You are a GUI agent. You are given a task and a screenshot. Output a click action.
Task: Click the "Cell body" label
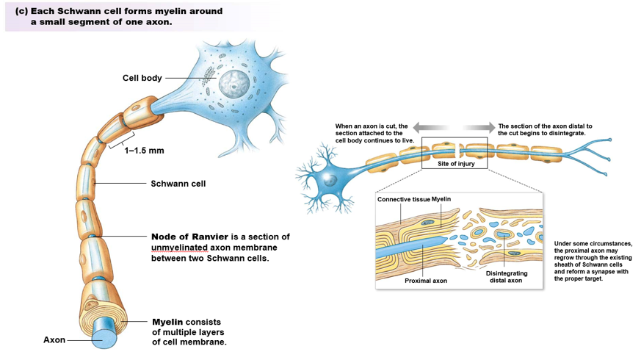click(142, 78)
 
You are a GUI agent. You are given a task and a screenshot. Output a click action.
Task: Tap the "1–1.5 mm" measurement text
click(144, 151)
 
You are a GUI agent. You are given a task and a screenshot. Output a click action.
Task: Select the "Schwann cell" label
click(178, 184)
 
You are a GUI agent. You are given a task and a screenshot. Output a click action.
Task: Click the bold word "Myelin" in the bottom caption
click(167, 323)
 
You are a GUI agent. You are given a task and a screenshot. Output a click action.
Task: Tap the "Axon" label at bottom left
click(54, 340)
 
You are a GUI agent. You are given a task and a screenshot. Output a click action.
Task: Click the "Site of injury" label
click(456, 164)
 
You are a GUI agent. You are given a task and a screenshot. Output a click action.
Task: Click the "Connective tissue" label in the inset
click(403, 199)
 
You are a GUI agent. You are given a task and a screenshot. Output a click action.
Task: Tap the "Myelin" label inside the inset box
click(441, 199)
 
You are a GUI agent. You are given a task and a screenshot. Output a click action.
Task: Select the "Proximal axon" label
click(426, 280)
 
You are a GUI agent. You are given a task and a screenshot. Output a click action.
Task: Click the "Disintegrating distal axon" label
click(506, 277)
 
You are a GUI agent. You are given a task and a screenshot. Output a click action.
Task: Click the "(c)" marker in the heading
click(21, 11)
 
